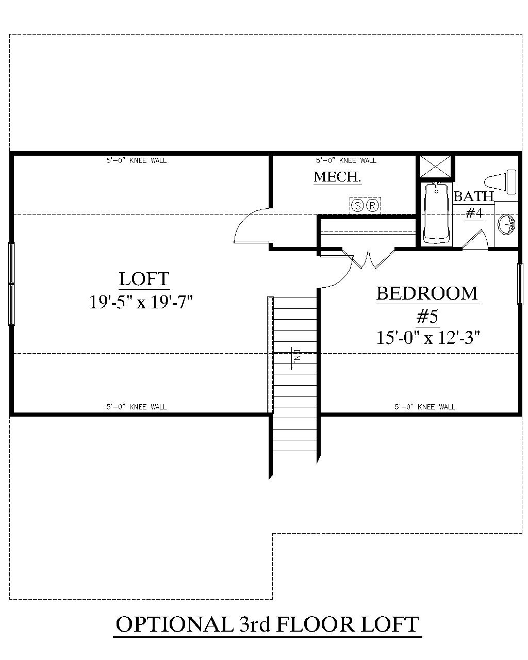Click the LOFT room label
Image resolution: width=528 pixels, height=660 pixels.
[144, 279]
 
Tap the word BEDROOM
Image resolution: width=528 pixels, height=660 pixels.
[427, 293]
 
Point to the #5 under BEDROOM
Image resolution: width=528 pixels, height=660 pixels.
[427, 316]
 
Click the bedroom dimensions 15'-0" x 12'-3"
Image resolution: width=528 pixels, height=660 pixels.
[428, 337]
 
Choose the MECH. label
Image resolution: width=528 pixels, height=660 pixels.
[337, 177]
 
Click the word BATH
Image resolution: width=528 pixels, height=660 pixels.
[473, 196]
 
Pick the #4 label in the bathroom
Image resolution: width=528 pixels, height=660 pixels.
[473, 212]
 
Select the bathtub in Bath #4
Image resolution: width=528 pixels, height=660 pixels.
[437, 212]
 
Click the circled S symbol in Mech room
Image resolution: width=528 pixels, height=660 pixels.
[357, 205]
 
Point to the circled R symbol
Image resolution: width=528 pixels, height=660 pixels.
[373, 205]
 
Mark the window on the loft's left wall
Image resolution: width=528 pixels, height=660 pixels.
[12, 283]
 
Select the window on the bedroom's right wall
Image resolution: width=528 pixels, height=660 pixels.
[520, 284]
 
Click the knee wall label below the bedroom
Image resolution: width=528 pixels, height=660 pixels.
[424, 407]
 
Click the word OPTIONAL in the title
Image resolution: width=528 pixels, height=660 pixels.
[174, 625]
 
